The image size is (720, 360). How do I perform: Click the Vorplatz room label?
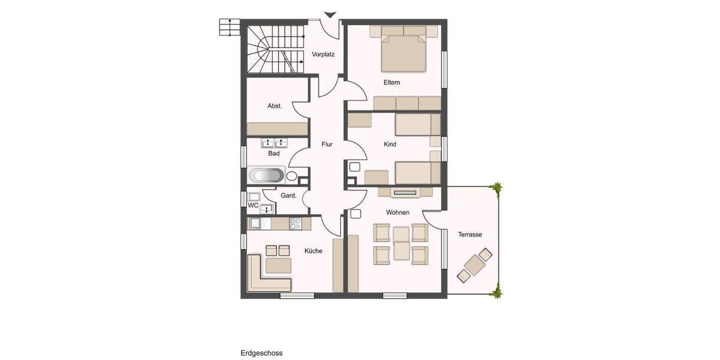323,54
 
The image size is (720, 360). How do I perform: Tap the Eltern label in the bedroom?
392,82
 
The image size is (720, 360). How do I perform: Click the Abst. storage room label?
274,106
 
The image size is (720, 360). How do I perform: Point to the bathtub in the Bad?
266,176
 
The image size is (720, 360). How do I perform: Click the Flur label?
327,144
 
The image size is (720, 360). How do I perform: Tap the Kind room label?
389,144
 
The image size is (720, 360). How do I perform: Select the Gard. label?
289,195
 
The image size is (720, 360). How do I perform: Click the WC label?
253,205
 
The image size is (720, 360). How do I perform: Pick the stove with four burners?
295,223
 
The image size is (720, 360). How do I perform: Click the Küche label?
313,251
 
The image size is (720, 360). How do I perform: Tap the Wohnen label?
398,212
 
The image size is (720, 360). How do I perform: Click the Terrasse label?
470,235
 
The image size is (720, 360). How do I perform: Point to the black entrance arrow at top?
330,15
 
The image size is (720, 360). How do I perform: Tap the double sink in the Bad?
274,143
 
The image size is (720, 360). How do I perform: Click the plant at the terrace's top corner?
496,188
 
